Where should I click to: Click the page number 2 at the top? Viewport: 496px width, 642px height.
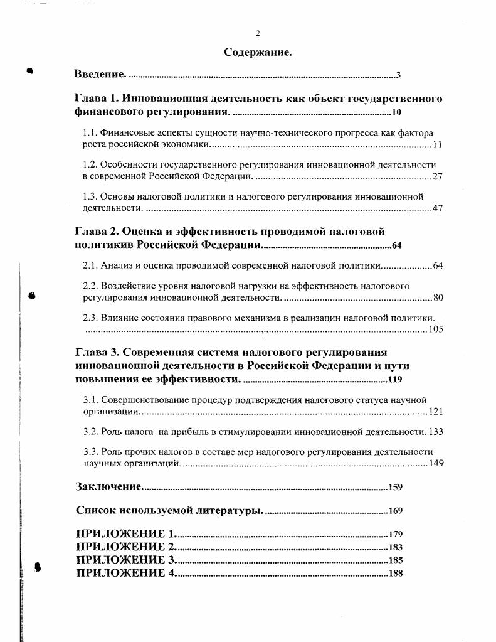(x=258, y=33)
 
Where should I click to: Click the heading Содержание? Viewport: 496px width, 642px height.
(x=258, y=52)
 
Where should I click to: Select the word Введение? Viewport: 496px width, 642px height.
(x=100, y=75)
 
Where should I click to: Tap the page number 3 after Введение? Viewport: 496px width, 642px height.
(x=398, y=75)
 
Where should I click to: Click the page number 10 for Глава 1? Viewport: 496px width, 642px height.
(x=396, y=113)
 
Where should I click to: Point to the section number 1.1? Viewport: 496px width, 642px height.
(x=90, y=133)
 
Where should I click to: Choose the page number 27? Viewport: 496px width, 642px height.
(x=438, y=176)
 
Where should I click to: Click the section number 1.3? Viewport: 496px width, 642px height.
(x=90, y=196)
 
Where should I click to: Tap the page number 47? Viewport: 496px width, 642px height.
(x=438, y=208)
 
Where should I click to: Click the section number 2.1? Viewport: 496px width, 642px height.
(x=90, y=265)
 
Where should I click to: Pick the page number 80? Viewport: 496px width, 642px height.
(x=438, y=297)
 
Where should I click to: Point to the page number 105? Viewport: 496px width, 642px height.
(x=436, y=329)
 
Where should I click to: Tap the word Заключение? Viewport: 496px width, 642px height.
(x=109, y=486)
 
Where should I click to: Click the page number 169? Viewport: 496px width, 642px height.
(x=396, y=511)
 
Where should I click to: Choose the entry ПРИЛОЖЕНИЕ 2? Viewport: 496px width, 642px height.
(x=126, y=547)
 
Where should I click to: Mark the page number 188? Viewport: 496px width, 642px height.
(x=396, y=573)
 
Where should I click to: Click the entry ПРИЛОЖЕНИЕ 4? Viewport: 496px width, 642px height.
(x=126, y=573)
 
